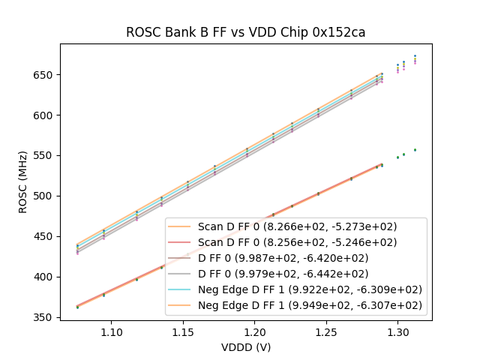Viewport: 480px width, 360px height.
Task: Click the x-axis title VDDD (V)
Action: click(x=245, y=347)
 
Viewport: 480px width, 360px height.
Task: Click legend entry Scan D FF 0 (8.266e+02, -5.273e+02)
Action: click(x=297, y=226)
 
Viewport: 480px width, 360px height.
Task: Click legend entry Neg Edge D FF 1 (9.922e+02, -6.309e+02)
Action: click(x=310, y=289)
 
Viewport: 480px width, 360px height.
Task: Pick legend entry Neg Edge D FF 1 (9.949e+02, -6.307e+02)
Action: click(x=310, y=305)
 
